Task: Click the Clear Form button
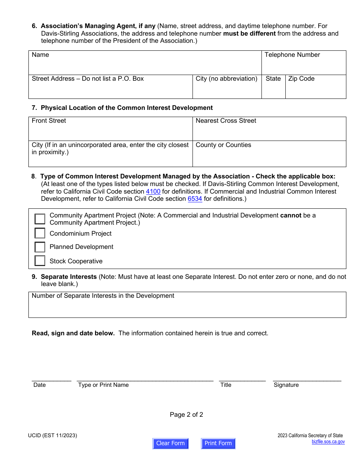[x=170, y=443]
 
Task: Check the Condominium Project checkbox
[x=40, y=233]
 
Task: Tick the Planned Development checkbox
[x=40, y=247]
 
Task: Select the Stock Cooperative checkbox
[x=40, y=261]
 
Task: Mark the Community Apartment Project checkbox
[x=40, y=219]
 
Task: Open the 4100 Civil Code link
[x=153, y=191]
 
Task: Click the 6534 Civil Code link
[x=195, y=199]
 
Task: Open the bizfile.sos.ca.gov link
[x=328, y=441]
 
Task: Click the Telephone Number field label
[x=292, y=55]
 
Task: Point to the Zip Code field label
[x=301, y=79]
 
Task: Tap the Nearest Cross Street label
[x=226, y=121]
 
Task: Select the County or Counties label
[x=223, y=145]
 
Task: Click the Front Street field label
[x=49, y=121]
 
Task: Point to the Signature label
[x=286, y=385]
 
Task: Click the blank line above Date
[x=51, y=379]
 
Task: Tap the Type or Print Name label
[x=103, y=385]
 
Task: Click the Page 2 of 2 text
[x=186, y=414]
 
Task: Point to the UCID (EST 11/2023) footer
[x=52, y=436]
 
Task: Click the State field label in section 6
[x=273, y=79]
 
